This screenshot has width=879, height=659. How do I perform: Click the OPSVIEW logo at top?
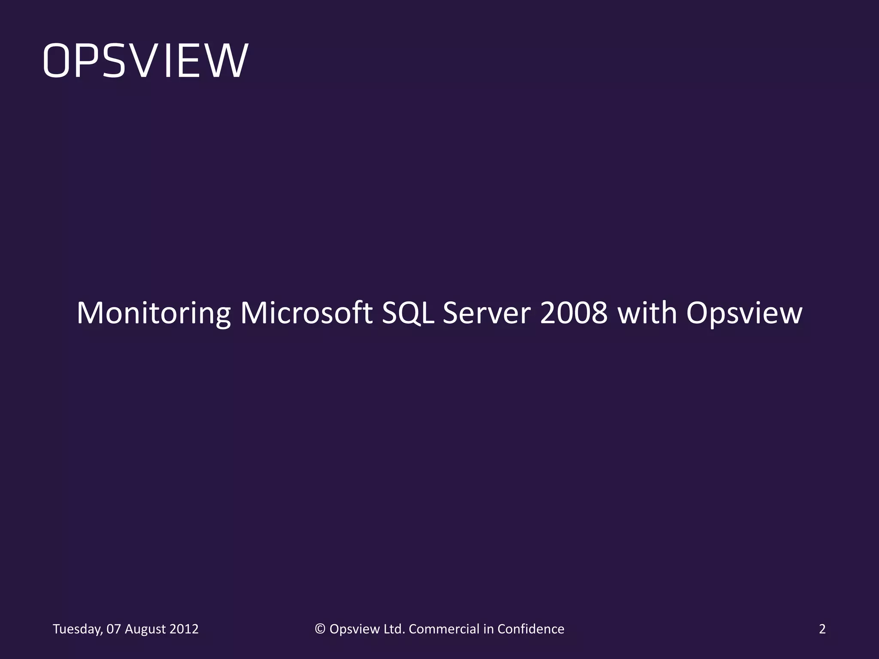(145, 61)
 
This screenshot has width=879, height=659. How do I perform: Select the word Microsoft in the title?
(306, 313)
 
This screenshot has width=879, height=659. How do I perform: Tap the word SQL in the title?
(407, 313)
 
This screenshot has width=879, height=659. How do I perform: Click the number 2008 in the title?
(573, 313)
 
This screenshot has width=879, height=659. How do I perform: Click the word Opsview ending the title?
(744, 314)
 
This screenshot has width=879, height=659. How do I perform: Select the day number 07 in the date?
(114, 629)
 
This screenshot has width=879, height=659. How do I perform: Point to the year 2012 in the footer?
(184, 629)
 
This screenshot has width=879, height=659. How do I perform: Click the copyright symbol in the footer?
(320, 629)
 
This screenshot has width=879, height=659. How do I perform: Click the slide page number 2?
(822, 629)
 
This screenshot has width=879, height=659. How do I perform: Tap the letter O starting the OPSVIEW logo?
(58, 61)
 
